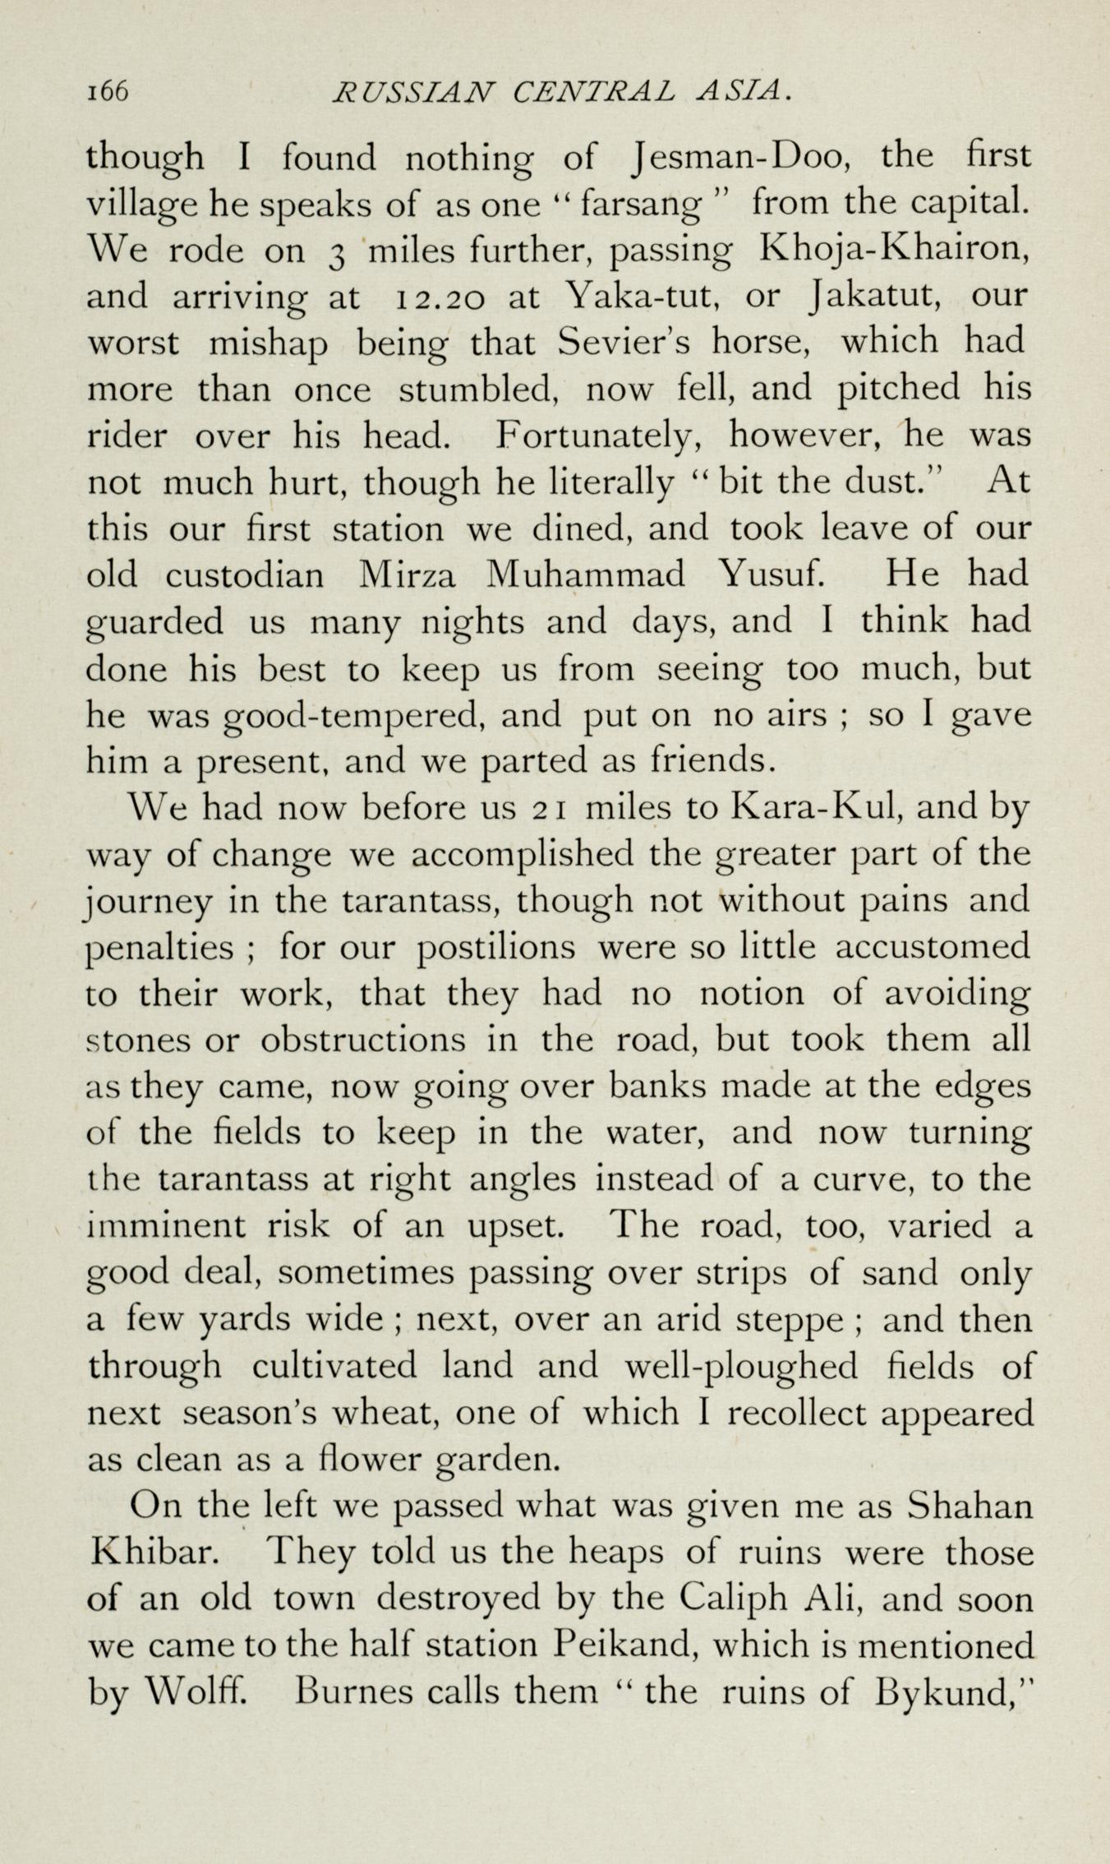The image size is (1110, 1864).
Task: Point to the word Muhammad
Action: point(585,574)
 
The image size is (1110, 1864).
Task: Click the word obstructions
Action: point(363,1040)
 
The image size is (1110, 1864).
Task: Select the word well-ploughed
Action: point(740,1366)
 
